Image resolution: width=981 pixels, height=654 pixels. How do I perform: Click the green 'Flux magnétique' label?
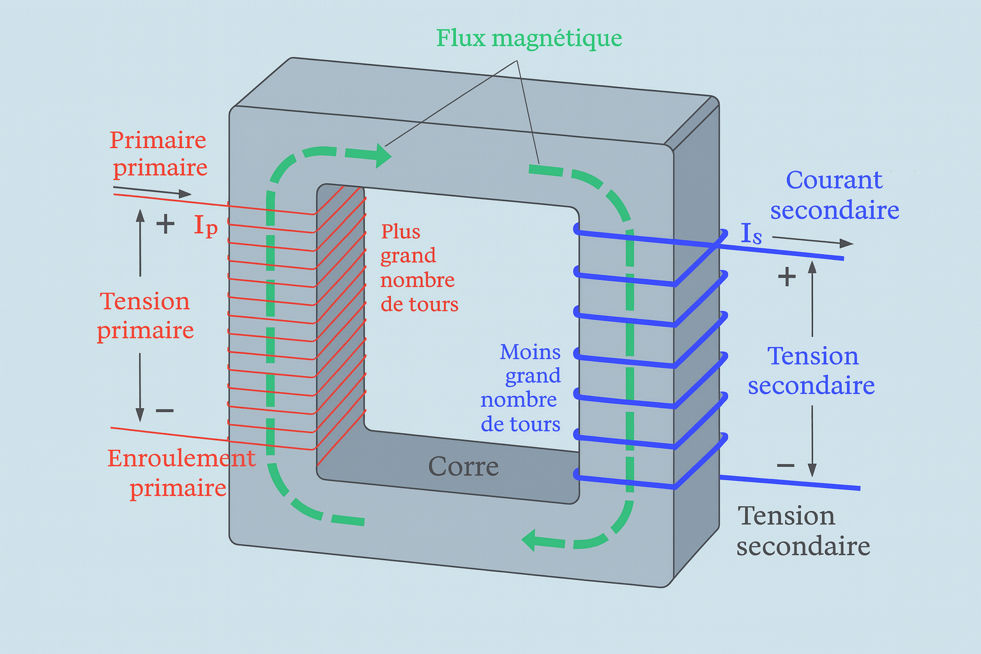click(x=529, y=38)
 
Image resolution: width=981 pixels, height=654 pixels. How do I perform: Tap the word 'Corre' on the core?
click(x=463, y=467)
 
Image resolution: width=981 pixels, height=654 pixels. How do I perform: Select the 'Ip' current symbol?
click(x=206, y=225)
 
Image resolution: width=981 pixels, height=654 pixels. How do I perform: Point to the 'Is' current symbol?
click(x=751, y=234)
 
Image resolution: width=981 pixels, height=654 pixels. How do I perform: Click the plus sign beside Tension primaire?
click(x=165, y=224)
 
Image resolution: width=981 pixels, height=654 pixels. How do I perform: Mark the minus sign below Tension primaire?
click(x=165, y=410)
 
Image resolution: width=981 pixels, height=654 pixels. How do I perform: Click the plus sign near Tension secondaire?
click(x=786, y=277)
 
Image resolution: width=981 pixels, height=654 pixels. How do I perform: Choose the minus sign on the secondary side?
click(x=786, y=466)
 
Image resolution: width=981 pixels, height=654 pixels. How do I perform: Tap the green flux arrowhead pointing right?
click(x=383, y=155)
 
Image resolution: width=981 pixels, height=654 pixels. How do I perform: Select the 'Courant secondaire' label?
click(x=834, y=195)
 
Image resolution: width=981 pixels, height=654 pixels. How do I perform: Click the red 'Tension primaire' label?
click(x=146, y=316)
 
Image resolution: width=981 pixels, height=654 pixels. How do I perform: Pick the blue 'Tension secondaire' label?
click(x=812, y=370)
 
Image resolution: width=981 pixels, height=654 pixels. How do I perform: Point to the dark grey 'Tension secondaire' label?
click(x=803, y=531)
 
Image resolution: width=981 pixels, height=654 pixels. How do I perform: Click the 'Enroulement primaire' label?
click(x=180, y=473)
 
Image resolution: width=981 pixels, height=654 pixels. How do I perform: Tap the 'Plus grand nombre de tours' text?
click(x=419, y=268)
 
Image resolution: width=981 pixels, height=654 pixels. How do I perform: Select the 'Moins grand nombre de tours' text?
click(x=521, y=388)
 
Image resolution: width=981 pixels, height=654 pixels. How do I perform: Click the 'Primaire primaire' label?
click(x=159, y=153)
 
